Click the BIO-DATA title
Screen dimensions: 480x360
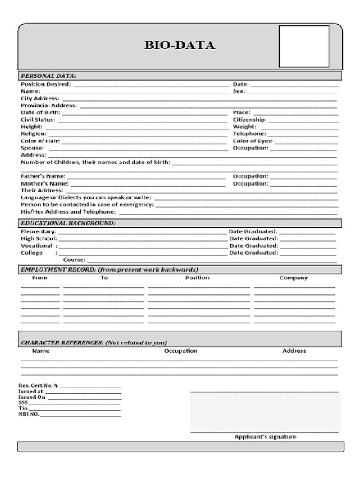(x=180, y=45)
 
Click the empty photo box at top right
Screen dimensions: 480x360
(x=304, y=46)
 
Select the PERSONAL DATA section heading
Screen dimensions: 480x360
(x=48, y=76)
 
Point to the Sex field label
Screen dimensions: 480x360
(x=239, y=91)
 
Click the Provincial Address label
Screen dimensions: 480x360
(x=49, y=105)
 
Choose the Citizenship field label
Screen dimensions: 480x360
(x=250, y=120)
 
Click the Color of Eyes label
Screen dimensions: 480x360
(x=253, y=141)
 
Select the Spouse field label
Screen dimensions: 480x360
(x=32, y=148)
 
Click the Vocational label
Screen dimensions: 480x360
(x=37, y=246)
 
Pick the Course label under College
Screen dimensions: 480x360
(x=74, y=260)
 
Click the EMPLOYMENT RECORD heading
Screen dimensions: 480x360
(x=109, y=270)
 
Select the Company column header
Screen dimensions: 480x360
(x=293, y=278)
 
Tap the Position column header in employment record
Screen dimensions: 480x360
(x=197, y=278)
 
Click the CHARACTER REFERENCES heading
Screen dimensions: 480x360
(x=94, y=343)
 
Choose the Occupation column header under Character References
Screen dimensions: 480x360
(x=180, y=351)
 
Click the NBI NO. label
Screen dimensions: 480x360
(x=29, y=414)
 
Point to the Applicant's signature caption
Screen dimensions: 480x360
(x=265, y=437)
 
